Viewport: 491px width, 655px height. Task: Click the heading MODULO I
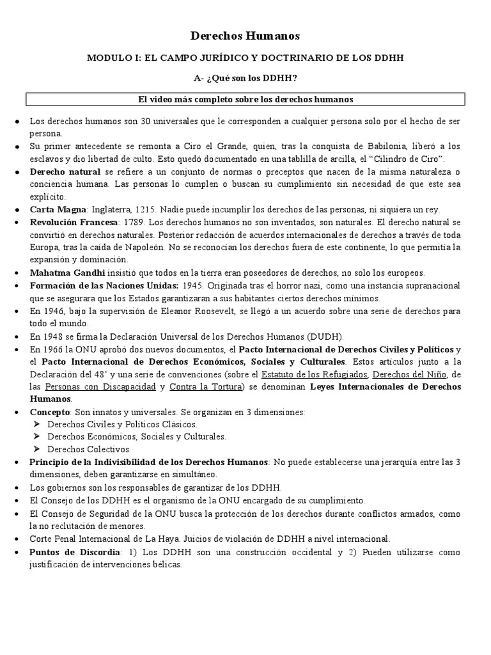(245, 58)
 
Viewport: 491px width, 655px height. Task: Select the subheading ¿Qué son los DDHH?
(245, 79)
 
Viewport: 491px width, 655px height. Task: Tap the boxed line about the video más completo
(245, 99)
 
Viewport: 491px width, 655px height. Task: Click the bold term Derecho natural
(65, 172)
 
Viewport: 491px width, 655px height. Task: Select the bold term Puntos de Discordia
(75, 551)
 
